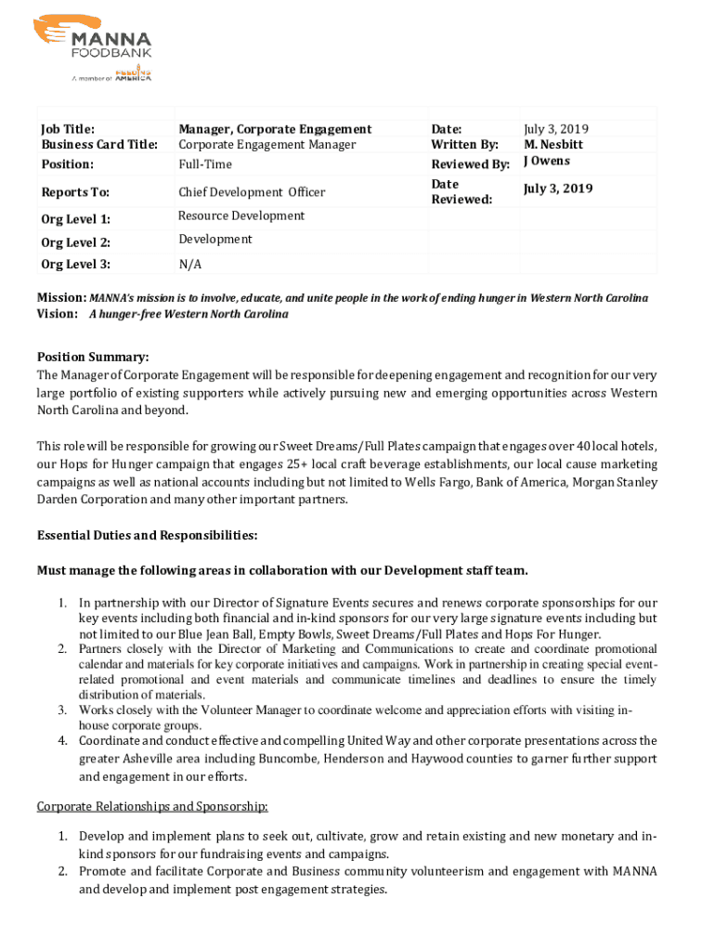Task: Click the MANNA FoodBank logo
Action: (93, 46)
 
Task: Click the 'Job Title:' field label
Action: (68, 129)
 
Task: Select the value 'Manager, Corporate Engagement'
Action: (275, 129)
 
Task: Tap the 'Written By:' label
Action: (464, 145)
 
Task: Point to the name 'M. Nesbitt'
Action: (553, 145)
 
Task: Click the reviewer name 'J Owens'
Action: (547, 161)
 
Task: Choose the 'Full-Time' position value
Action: (205, 164)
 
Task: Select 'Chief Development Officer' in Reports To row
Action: (252, 192)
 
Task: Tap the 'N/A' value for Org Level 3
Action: (189, 265)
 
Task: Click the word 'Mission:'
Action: (61, 298)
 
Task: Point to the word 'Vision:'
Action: (58, 314)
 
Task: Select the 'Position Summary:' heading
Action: (93, 358)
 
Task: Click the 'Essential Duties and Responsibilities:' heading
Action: (147, 536)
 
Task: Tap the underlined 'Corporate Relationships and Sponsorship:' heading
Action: (152, 806)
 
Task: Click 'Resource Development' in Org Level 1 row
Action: (241, 215)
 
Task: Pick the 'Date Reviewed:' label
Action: (461, 192)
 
